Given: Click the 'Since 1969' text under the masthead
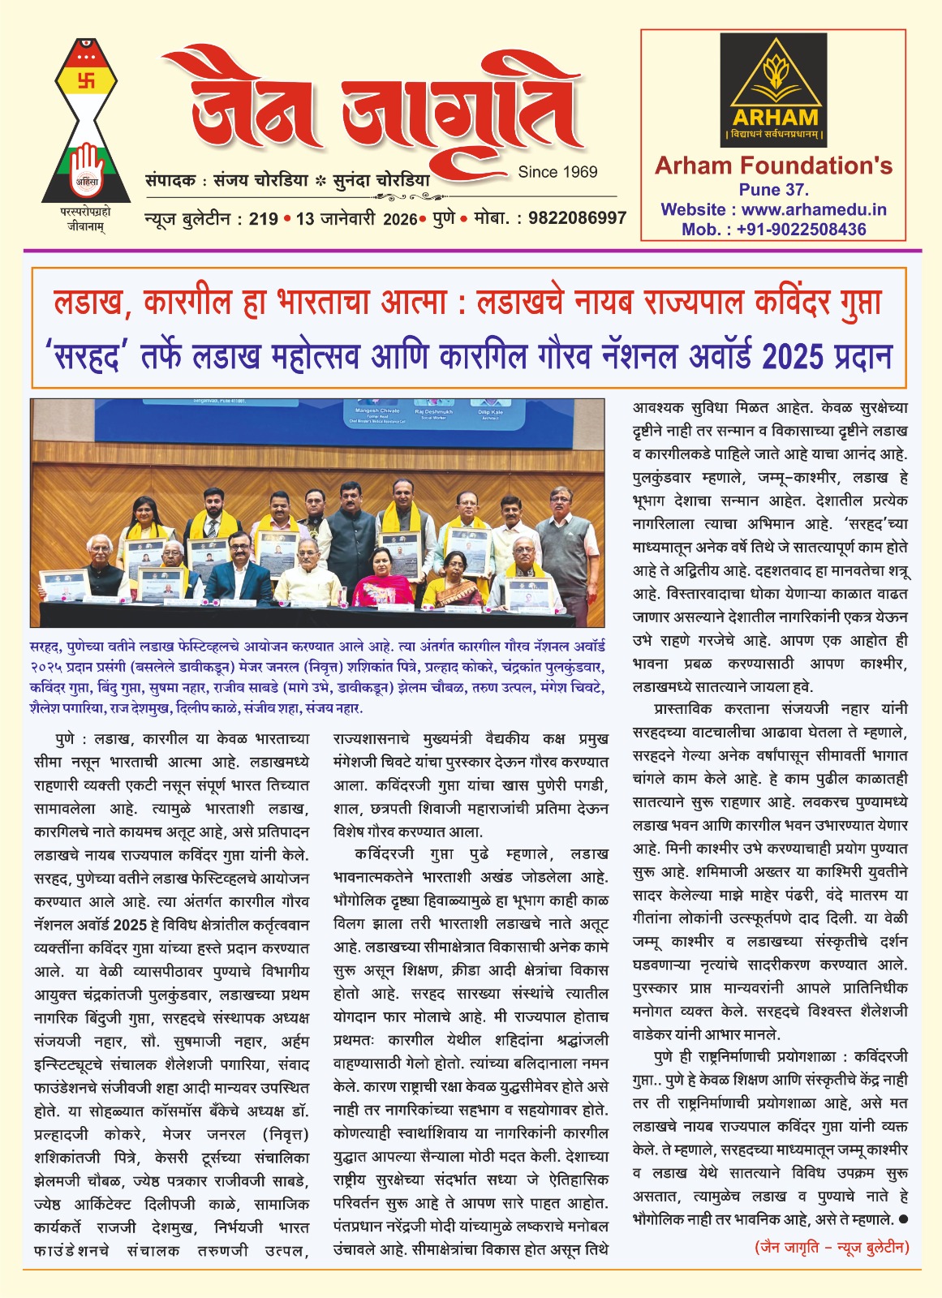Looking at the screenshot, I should click(557, 172).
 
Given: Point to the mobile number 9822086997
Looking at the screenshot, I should click(577, 218).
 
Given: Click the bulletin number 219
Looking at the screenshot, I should click(264, 218).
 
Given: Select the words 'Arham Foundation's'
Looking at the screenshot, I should click(773, 166).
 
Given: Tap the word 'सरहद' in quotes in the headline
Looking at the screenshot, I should click(88, 356).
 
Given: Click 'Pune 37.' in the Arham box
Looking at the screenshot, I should click(773, 190).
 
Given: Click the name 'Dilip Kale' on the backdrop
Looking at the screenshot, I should click(491, 412).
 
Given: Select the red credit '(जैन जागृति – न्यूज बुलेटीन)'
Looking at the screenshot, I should click(831, 1247).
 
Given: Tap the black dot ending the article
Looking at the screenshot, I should click(903, 1219).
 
